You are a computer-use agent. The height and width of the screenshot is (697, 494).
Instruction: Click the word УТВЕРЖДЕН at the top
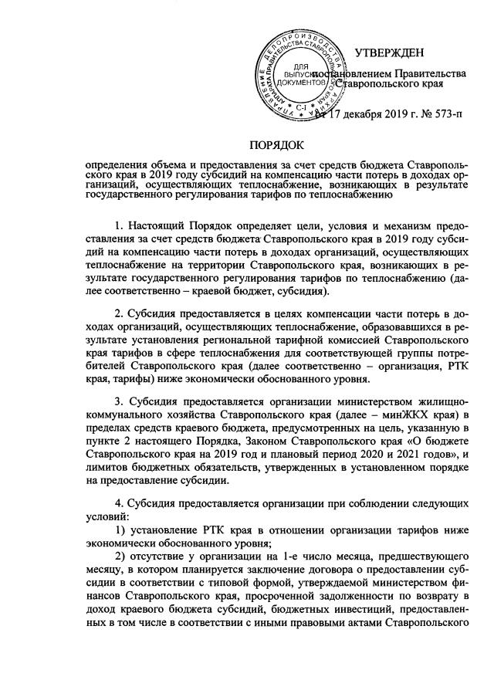click(x=390, y=53)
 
